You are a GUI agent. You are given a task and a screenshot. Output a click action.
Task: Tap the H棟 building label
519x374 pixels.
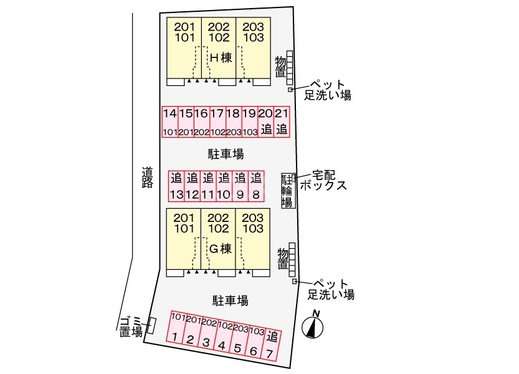(x=221, y=58)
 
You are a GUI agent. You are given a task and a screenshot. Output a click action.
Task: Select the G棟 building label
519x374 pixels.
(x=221, y=249)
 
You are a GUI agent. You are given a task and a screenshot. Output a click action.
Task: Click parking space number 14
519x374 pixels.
(x=170, y=122)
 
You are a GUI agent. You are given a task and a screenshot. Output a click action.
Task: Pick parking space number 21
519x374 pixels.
(x=282, y=122)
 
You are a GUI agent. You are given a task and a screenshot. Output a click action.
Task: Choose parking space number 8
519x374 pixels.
(x=256, y=186)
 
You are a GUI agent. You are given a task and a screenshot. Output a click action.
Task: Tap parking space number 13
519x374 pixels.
(x=176, y=186)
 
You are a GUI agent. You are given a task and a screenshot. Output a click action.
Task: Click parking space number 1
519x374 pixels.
(x=176, y=327)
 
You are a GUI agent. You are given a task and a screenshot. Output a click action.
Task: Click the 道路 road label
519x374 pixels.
(x=147, y=178)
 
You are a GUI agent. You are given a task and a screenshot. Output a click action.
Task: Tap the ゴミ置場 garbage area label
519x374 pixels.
(x=131, y=326)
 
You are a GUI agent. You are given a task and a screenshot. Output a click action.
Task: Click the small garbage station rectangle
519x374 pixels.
(x=151, y=325)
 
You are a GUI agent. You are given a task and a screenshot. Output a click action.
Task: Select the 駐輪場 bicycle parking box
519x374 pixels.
(x=287, y=191)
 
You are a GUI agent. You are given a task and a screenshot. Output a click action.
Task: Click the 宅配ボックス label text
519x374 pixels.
(x=323, y=180)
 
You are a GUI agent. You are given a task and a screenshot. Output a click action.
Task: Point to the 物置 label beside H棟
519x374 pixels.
(x=280, y=67)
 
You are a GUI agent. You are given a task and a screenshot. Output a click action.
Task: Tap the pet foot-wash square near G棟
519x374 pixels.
(x=294, y=281)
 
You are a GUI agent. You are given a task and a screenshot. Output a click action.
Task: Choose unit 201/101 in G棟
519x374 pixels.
(x=183, y=239)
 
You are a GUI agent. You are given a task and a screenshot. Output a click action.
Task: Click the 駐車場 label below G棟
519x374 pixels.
(x=230, y=301)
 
